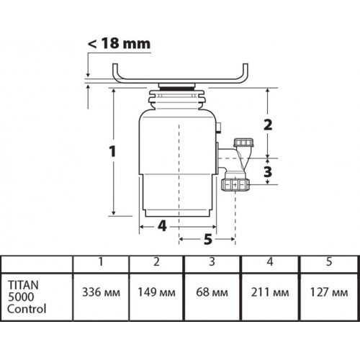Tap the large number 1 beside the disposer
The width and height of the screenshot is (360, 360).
(112, 152)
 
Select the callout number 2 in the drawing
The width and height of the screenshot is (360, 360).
(268, 124)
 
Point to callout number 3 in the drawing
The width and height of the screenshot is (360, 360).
(268, 171)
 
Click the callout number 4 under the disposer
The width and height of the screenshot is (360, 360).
(162, 225)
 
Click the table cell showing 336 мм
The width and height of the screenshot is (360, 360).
(101, 293)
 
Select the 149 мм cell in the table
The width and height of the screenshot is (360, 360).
(157, 293)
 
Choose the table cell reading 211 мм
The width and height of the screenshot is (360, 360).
(268, 293)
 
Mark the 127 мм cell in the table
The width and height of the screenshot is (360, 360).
(328, 293)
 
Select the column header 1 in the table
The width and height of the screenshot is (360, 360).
(101, 261)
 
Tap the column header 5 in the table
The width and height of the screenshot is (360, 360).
(328, 261)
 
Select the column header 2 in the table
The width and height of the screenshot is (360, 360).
(157, 261)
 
